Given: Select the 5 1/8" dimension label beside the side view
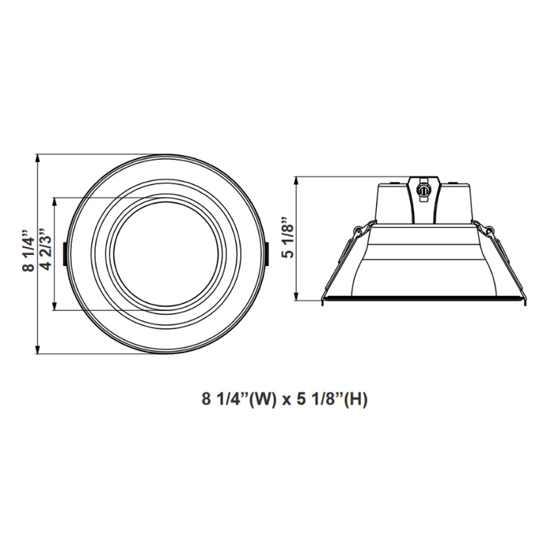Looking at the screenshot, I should click(x=289, y=237).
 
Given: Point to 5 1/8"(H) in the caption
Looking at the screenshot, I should click(x=333, y=400).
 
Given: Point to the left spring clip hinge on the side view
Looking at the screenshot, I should click(x=361, y=230).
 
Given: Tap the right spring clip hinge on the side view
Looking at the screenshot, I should click(x=488, y=230).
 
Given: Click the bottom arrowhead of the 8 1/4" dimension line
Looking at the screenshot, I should click(x=38, y=351).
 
